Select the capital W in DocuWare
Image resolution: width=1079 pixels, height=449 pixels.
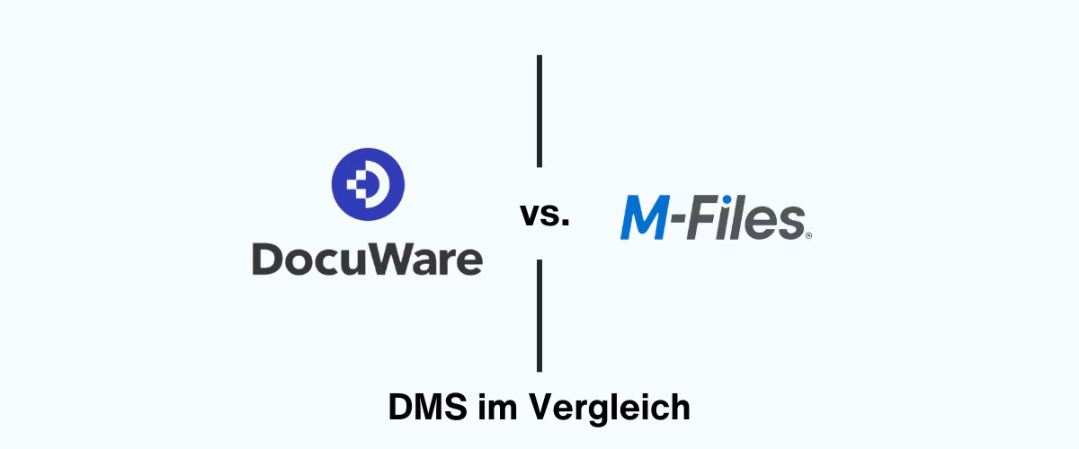389,259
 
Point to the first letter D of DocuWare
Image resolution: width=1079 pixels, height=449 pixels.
268,259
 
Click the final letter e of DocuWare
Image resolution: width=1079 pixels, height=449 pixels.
468,261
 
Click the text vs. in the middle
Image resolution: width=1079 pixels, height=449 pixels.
544,216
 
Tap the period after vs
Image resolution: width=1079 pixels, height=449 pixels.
566,223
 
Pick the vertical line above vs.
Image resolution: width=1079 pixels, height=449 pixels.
539,110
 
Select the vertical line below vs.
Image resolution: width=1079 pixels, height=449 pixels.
539,315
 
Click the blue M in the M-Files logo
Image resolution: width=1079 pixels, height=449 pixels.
647,220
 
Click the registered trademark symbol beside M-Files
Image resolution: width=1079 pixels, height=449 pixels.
809,235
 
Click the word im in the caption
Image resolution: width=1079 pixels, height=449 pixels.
494,407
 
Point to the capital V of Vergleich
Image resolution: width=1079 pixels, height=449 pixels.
539,407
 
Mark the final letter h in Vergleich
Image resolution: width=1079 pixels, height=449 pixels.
681,407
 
